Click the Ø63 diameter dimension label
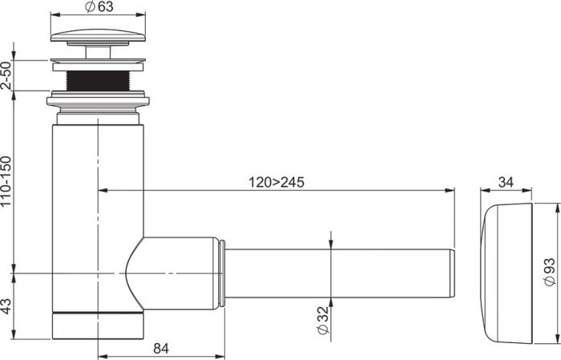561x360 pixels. pos(99,7)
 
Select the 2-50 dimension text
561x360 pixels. pos(7,75)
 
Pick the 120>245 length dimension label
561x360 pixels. pos(276,182)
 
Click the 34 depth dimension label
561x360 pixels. pos(506,182)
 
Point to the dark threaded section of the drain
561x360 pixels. pos(99,79)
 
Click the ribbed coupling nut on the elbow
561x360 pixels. pos(219,273)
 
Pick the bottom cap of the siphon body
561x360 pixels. pos(99,325)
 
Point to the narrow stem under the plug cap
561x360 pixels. pos(99,52)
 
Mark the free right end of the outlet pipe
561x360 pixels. pos(450,273)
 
